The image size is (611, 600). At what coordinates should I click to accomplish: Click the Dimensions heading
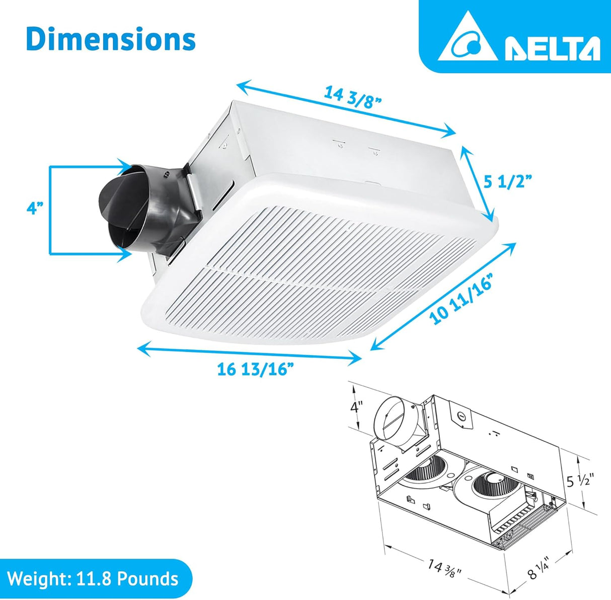coord(110,39)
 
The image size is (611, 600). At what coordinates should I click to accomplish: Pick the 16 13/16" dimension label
coord(255,369)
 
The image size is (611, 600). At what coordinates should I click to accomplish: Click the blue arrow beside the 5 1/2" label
coord(477,184)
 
